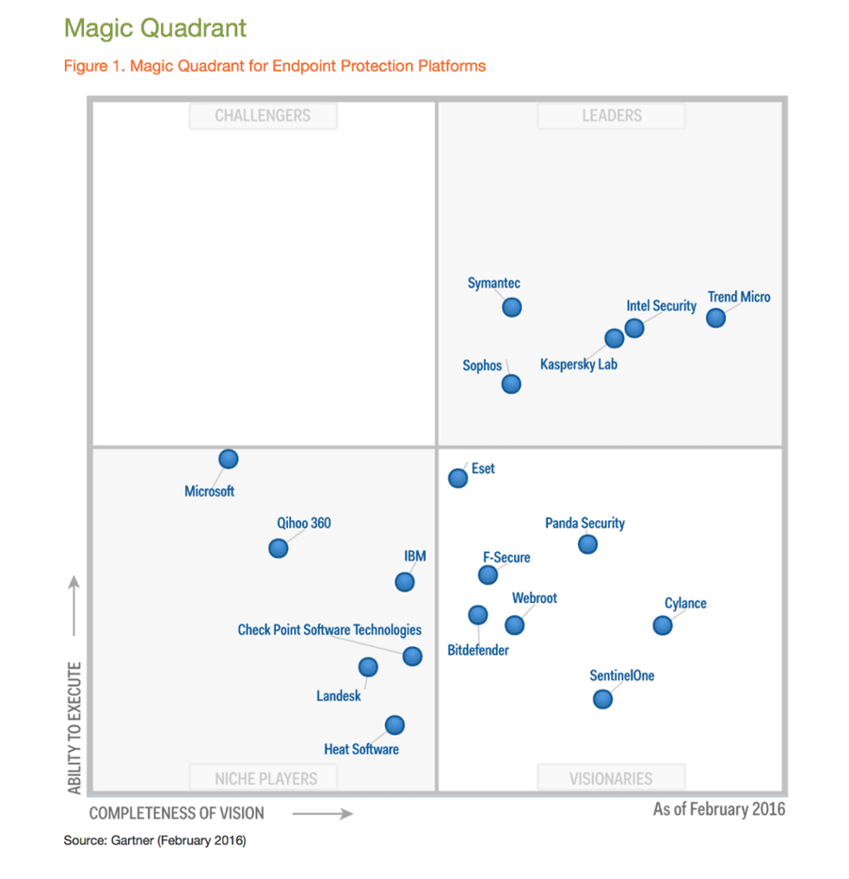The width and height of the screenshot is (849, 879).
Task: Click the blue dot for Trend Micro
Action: [x=715, y=318]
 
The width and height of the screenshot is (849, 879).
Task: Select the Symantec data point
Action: [x=511, y=307]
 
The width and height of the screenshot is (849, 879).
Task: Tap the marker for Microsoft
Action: [x=228, y=459]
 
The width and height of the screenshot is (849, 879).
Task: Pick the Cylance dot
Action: [x=662, y=625]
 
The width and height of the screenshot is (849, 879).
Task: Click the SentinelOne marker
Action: [x=603, y=699]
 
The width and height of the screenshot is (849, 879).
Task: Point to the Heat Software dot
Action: [x=395, y=725]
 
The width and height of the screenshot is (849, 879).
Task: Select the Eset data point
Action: [x=458, y=478]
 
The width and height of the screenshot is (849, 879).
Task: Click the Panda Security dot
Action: [x=588, y=544]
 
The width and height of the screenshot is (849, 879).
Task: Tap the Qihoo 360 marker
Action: [x=278, y=548]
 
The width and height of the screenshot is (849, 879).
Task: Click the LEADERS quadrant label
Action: [x=611, y=116]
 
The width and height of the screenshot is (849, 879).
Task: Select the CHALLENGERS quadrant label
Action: [x=262, y=116]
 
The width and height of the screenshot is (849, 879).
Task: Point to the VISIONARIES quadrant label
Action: [x=611, y=779]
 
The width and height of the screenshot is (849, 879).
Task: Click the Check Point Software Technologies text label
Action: [x=330, y=630]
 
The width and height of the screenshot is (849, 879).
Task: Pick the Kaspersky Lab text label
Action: [x=579, y=364]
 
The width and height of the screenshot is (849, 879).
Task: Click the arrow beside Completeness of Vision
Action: [x=322, y=813]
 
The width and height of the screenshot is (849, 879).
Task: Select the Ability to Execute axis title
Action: [x=74, y=728]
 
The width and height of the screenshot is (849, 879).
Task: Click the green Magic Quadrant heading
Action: [x=155, y=28]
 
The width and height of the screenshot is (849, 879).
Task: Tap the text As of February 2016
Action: [x=718, y=809]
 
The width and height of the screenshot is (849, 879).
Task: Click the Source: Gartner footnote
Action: [x=155, y=840]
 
